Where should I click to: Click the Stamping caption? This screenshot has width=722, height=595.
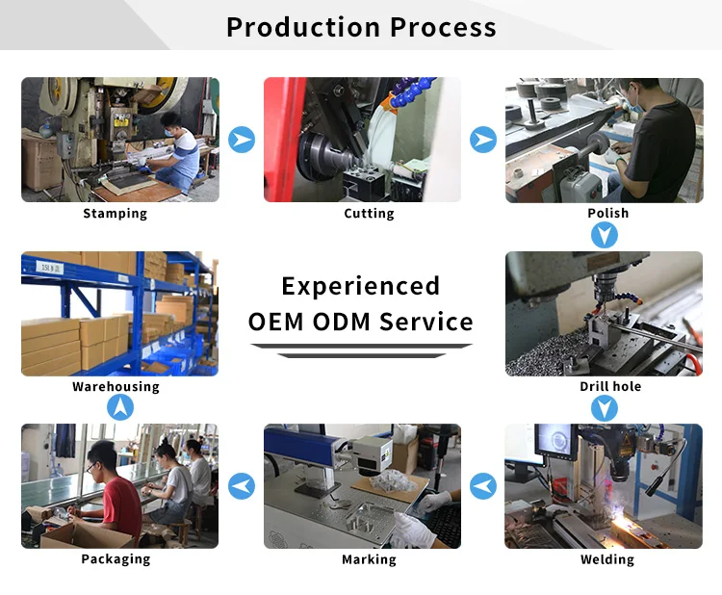[x=116, y=214]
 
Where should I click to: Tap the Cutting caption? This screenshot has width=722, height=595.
[x=369, y=214]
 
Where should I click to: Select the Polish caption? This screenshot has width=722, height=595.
[x=607, y=213]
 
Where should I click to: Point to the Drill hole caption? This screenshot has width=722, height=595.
[x=610, y=386]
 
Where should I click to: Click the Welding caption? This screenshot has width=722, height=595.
[x=607, y=559]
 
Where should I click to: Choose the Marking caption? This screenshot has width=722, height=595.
[x=369, y=559]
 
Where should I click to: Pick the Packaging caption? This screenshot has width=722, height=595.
[x=116, y=559]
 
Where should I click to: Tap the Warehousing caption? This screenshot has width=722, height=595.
[x=116, y=386]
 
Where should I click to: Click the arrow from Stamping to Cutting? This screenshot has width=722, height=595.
[x=242, y=140]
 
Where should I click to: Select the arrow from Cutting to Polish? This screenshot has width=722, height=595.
[x=483, y=140]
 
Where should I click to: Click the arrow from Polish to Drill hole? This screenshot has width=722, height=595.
[x=605, y=235]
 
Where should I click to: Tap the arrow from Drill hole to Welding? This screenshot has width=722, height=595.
[x=605, y=408]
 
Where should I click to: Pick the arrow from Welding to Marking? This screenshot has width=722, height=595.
[x=483, y=486]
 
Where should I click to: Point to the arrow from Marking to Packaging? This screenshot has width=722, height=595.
[x=242, y=486]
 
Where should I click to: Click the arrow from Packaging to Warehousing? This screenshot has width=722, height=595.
[x=120, y=407]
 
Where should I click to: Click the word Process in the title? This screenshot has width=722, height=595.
[x=443, y=27]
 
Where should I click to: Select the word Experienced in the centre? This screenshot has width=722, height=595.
[x=361, y=287]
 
